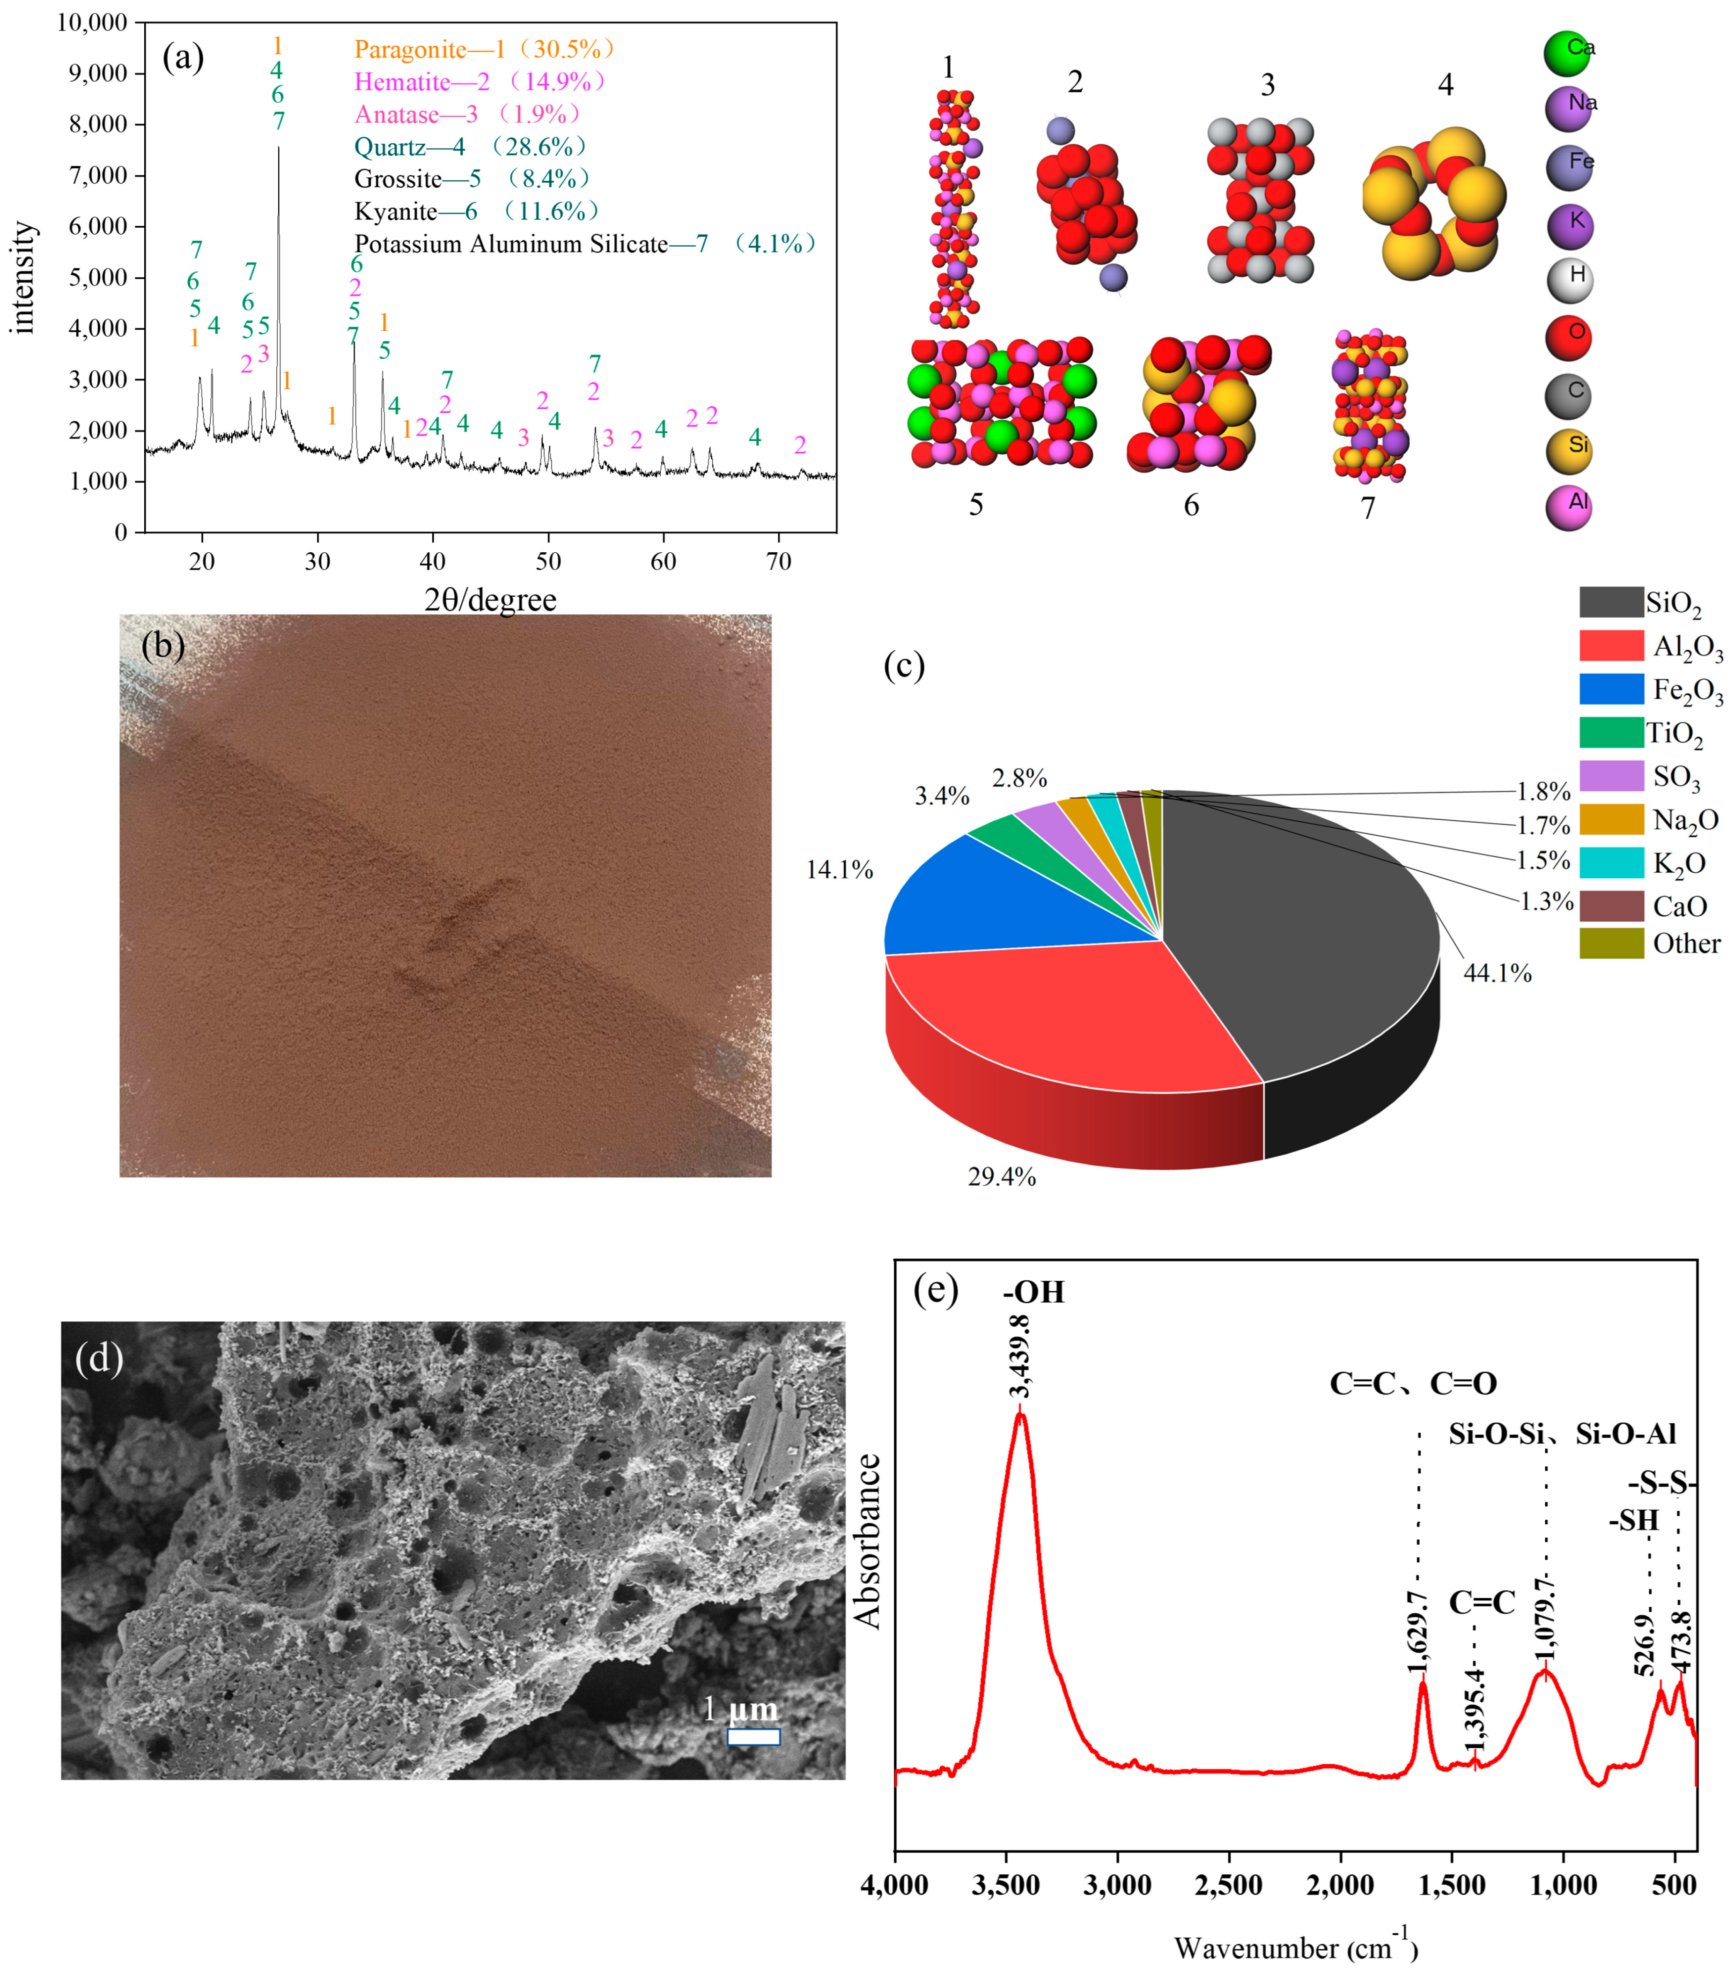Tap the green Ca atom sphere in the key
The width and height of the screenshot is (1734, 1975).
pos(1567,53)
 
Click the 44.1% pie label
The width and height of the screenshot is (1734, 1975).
pos(1498,973)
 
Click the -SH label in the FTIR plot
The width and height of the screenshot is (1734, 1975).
pos(1633,1521)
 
